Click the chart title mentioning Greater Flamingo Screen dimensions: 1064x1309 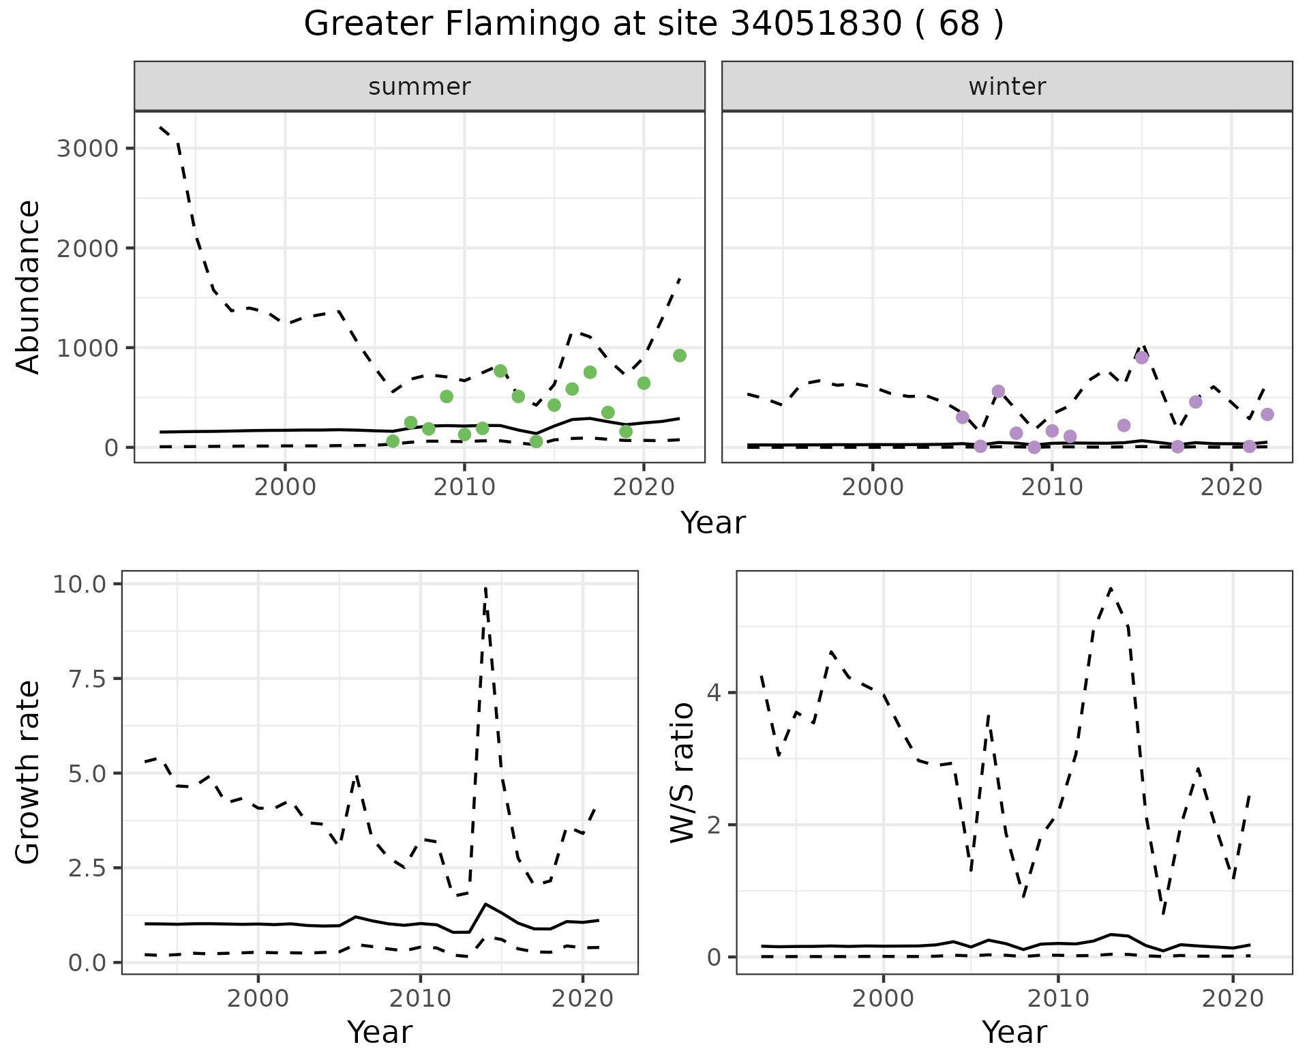click(653, 25)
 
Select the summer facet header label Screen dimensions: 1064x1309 click(419, 87)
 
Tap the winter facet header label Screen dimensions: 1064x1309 click(1007, 87)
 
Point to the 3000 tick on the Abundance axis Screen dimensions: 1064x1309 click(87, 149)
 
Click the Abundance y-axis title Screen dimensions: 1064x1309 click(29, 286)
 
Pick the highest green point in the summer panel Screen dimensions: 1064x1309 click(680, 355)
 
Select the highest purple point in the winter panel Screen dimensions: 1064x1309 click(1142, 358)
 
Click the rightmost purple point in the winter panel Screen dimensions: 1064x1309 click(1267, 414)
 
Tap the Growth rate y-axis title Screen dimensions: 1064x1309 click(29, 773)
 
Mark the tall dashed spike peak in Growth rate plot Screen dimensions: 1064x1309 click(485, 588)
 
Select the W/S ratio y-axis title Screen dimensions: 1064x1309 click(682, 773)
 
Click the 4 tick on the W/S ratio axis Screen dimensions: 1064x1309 click(714, 693)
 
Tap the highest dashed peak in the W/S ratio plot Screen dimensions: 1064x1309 click(1111, 588)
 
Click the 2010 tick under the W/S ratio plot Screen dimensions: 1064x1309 click(1058, 999)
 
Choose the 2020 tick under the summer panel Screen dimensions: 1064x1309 click(644, 488)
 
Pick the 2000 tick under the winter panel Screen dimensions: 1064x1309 click(873, 488)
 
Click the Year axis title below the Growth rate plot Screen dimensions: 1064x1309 click(380, 1033)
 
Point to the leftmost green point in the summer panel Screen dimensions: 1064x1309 click(393, 441)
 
